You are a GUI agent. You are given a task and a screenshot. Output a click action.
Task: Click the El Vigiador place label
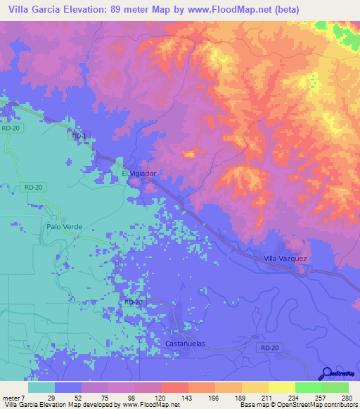[139, 173]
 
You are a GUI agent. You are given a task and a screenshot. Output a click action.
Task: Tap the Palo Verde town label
[64, 227]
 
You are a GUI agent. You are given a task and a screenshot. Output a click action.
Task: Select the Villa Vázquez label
[285, 259]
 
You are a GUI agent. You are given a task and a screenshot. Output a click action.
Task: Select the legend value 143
[187, 397]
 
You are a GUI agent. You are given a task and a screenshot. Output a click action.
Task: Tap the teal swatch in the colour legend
[41, 387]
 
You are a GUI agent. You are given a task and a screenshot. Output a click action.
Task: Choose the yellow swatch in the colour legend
[281, 387]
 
